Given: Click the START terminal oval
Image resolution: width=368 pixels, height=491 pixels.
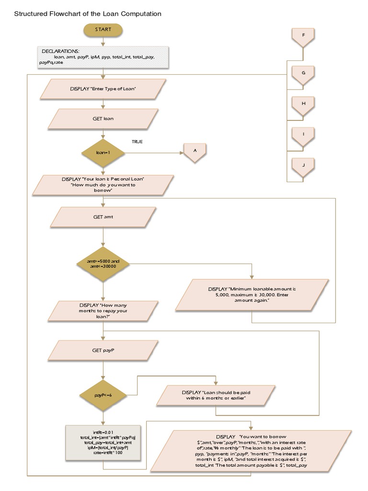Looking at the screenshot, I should pos(103,30).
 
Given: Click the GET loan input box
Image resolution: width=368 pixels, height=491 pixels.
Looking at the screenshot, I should pos(103,118).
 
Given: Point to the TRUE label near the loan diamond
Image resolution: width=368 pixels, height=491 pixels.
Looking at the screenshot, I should pos(137,142).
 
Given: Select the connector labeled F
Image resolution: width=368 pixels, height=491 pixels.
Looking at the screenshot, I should pos(303,36).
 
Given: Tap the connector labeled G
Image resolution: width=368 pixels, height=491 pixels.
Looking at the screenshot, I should pos(303,73).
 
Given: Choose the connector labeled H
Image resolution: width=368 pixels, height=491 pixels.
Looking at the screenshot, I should pos(303,105).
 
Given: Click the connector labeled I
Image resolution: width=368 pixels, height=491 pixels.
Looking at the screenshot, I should pos(303,135).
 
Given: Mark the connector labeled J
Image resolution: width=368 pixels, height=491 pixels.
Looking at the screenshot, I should pos(303,166).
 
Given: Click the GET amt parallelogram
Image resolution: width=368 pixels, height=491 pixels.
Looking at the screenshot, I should pos(103,217).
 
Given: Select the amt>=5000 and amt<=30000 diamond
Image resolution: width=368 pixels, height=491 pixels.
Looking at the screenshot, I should pos(103,264).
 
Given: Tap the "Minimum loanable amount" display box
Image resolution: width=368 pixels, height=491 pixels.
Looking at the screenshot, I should pos(252,294).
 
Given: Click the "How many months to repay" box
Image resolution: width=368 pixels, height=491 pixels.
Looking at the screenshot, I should pos(103,311).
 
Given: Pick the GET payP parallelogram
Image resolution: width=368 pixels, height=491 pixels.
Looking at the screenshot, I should pos(103,351).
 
